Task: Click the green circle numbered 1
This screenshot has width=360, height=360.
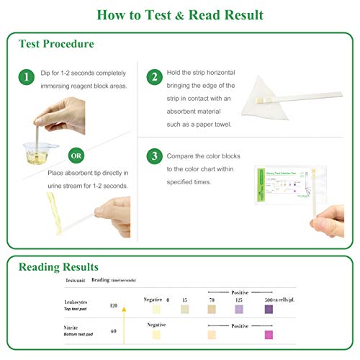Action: (26, 76)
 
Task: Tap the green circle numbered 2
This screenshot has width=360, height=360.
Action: (153, 76)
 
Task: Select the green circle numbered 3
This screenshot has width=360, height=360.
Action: (153, 156)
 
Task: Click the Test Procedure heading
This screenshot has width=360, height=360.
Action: (56, 44)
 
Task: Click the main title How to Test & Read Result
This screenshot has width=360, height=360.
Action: (180, 14)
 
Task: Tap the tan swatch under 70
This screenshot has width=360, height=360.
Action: (212, 309)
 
